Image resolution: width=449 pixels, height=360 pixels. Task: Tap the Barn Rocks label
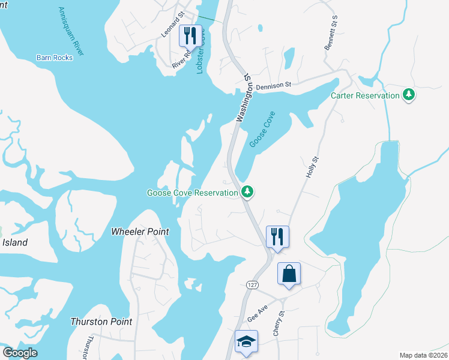point(55,58)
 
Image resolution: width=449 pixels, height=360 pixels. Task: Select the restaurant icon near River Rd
point(190,36)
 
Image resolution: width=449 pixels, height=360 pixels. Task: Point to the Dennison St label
point(273,86)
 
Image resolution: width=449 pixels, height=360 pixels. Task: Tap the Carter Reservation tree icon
point(409,94)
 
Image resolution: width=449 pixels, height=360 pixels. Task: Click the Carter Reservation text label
point(365,95)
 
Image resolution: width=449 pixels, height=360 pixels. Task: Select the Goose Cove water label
point(262,130)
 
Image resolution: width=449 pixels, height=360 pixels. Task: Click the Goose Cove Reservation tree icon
point(247,191)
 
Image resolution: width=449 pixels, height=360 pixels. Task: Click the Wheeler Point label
point(140,232)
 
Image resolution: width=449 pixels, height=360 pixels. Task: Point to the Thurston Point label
point(101,322)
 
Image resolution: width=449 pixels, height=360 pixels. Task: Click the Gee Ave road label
point(257,313)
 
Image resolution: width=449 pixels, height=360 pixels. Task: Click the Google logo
point(20,353)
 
